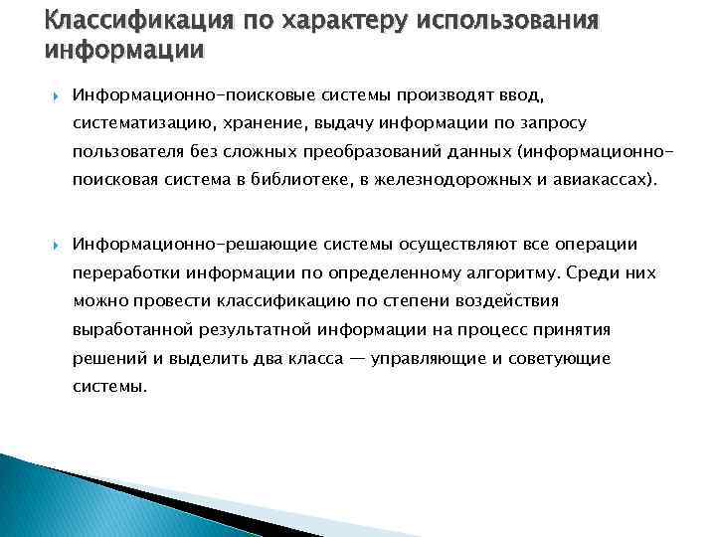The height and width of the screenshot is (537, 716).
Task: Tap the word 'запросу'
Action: point(552,122)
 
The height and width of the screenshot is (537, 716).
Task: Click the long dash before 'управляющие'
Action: point(356,358)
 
